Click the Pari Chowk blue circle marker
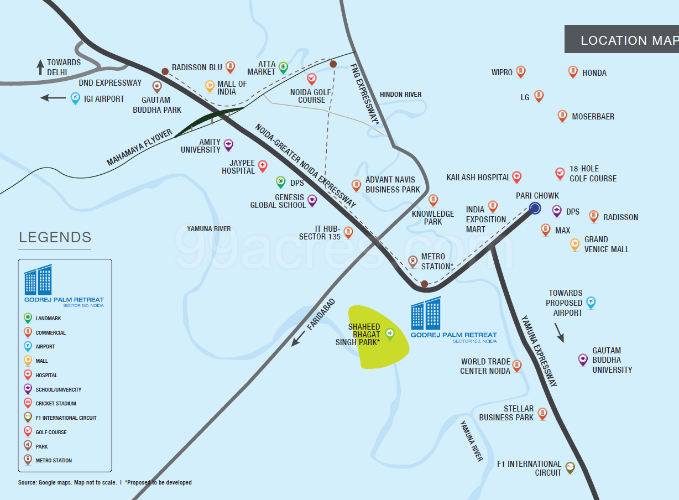(x=535, y=208)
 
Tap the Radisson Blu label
(x=197, y=67)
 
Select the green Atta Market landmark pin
(x=283, y=67)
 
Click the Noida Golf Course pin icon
(x=312, y=79)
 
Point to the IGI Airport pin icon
(x=76, y=98)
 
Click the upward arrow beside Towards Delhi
(x=40, y=67)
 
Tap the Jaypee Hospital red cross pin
(x=263, y=165)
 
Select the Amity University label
(x=201, y=146)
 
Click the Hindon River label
(x=400, y=95)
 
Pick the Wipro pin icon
(x=520, y=71)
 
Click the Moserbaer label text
(x=593, y=117)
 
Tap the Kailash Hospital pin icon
(x=516, y=177)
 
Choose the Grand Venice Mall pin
(x=574, y=244)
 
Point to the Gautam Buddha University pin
(x=582, y=360)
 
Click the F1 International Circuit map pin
(x=570, y=468)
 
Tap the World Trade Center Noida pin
(x=516, y=366)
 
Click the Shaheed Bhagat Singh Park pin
(x=389, y=334)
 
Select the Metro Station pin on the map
(x=412, y=261)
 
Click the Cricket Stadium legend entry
(x=55, y=404)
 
